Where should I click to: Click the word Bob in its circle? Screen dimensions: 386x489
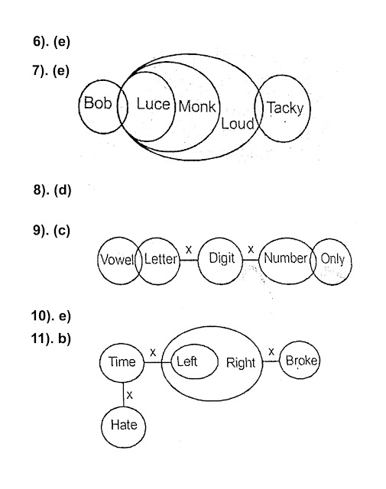pyautogui.click(x=98, y=102)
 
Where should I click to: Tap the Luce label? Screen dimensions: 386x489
pyautogui.click(x=153, y=104)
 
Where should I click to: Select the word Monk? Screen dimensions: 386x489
pyautogui.click(x=197, y=107)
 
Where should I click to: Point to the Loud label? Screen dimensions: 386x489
pyautogui.click(x=238, y=124)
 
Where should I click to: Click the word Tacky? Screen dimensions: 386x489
pyautogui.click(x=285, y=108)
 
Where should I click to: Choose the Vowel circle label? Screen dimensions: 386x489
pyautogui.click(x=118, y=260)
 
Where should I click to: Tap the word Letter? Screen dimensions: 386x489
pyautogui.click(x=161, y=259)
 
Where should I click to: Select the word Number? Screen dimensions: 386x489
pyautogui.click(x=286, y=258)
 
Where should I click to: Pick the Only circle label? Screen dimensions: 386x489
pyautogui.click(x=332, y=259)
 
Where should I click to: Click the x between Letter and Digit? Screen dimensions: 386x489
pyautogui.click(x=189, y=250)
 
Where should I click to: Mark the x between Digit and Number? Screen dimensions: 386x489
pyautogui.click(x=251, y=250)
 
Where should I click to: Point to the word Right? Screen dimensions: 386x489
pyautogui.click(x=241, y=363)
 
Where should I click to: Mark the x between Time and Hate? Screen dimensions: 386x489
pyautogui.click(x=129, y=395)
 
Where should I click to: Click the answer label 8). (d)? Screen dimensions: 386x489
pyautogui.click(x=53, y=190)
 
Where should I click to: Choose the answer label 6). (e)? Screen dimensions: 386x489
pyautogui.click(x=51, y=41)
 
